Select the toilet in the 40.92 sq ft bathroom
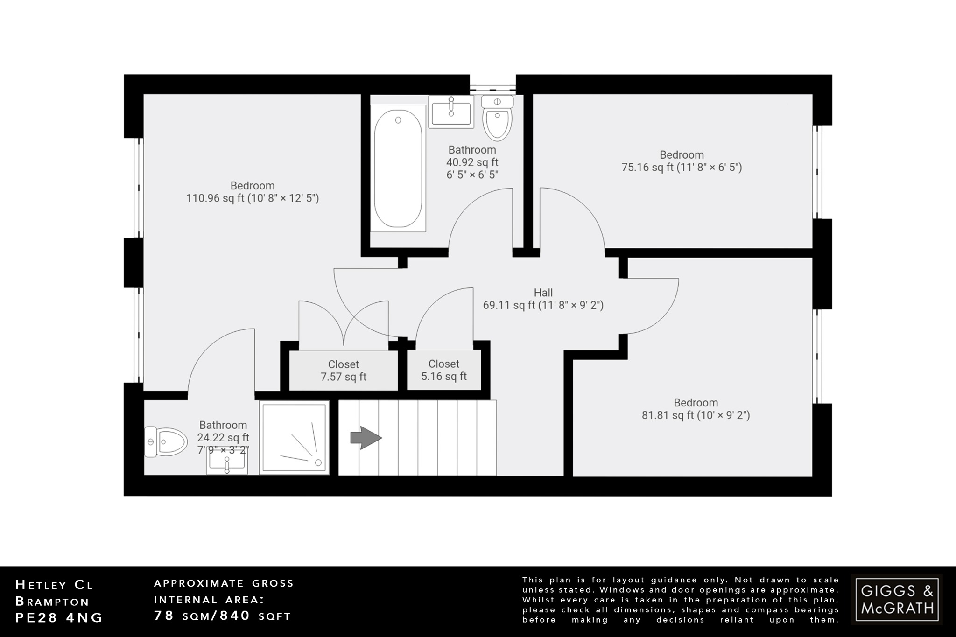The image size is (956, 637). pyautogui.click(x=498, y=118)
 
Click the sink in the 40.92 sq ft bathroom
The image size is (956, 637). pyautogui.click(x=451, y=112)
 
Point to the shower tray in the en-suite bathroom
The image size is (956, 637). pyautogui.click(x=294, y=438)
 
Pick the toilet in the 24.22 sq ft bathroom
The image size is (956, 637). pyautogui.click(x=159, y=441)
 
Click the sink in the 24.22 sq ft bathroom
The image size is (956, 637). pyautogui.click(x=227, y=463)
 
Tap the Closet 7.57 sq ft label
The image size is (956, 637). pyautogui.click(x=344, y=371)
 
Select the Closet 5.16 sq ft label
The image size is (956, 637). pyautogui.click(x=444, y=370)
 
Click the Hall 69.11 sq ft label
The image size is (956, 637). pyautogui.click(x=543, y=299)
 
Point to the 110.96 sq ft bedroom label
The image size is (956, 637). pyautogui.click(x=253, y=192)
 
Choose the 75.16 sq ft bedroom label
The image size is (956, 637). pyautogui.click(x=682, y=161)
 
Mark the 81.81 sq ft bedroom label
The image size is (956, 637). pyautogui.click(x=696, y=409)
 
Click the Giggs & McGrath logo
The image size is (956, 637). pyautogui.click(x=897, y=599)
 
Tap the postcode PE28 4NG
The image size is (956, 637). pyautogui.click(x=59, y=618)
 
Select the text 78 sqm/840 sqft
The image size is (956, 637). pyautogui.click(x=223, y=616)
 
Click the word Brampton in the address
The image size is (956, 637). pyautogui.click(x=52, y=601)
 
